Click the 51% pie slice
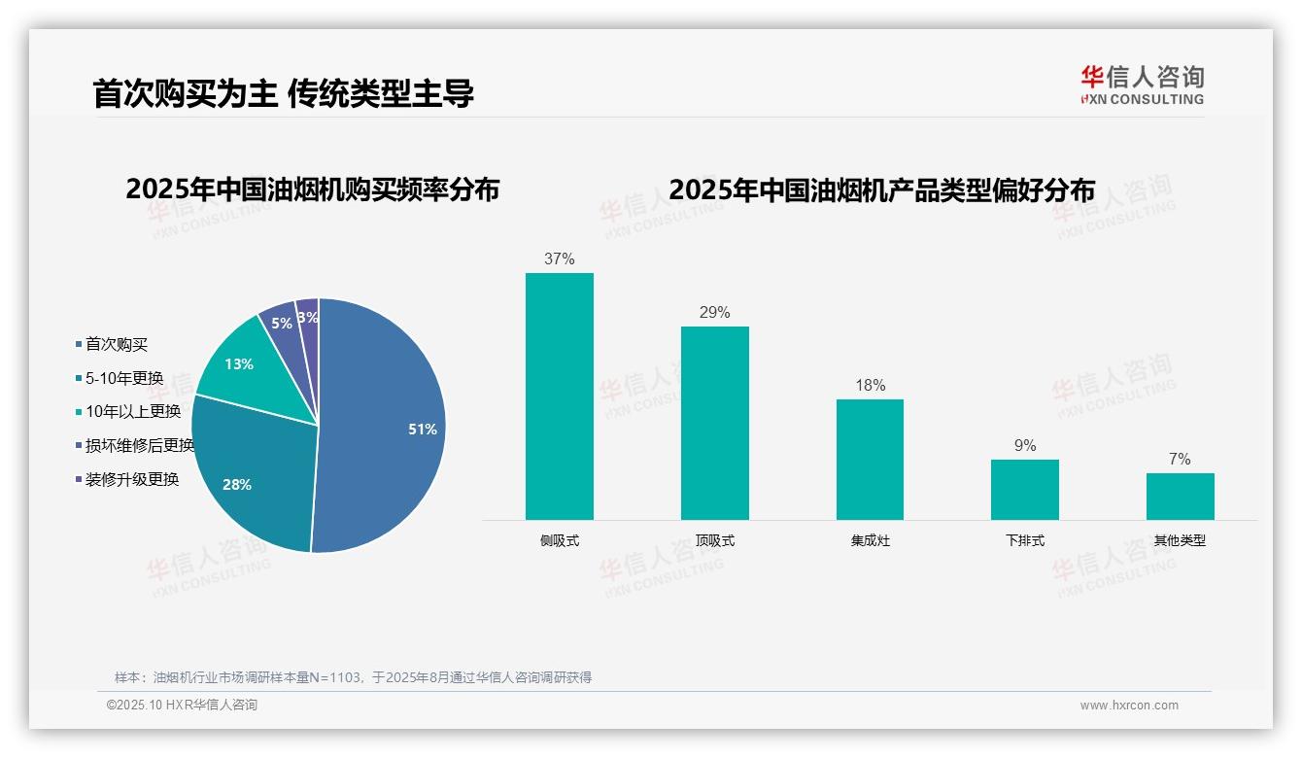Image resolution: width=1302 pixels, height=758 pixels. [x=389, y=428]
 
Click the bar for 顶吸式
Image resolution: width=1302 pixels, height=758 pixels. [x=714, y=424]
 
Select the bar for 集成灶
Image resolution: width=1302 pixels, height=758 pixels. [x=870, y=460]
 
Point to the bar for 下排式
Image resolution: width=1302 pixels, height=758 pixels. [x=1024, y=490]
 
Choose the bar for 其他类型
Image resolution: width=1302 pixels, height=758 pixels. [x=1180, y=497]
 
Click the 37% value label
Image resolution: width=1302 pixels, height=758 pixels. [x=560, y=259]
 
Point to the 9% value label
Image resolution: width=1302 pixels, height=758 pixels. [x=1024, y=446]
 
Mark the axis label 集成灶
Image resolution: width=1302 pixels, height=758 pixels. [x=870, y=541]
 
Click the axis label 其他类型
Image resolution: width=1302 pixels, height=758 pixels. [x=1180, y=541]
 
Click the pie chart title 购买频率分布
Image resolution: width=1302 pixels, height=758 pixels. [x=312, y=189]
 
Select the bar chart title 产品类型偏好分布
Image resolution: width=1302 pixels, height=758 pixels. [x=881, y=190]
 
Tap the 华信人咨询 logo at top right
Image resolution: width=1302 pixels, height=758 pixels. [x=1142, y=85]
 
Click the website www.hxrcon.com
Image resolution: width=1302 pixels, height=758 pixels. [x=1129, y=706]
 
